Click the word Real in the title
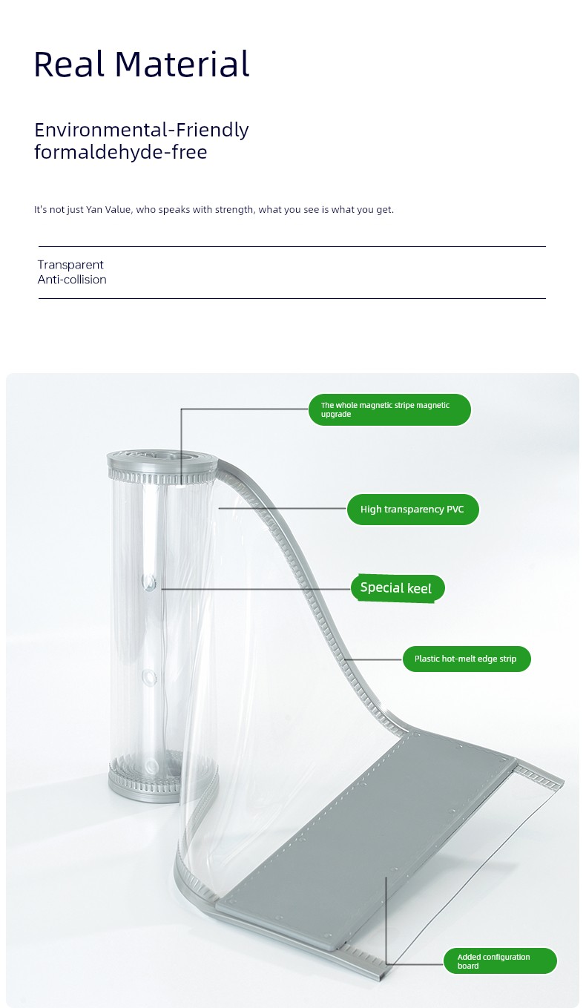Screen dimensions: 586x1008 [69, 64]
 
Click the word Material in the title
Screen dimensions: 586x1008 [182, 64]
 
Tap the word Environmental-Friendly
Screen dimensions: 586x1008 [142, 130]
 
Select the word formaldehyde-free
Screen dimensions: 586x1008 [121, 152]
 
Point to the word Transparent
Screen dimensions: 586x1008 [70, 265]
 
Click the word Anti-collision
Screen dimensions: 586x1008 [72, 280]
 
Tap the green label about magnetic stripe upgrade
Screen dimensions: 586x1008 [389, 409]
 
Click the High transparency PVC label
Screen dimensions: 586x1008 [412, 509]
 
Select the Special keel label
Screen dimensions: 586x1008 [398, 587]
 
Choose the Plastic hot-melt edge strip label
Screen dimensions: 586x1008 [467, 659]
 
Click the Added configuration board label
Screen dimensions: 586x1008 [500, 961]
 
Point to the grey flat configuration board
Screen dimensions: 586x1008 [367, 823]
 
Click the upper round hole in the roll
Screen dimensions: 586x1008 [149, 582]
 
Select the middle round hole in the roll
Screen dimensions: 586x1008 [148, 677]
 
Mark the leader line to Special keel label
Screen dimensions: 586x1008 [256, 589]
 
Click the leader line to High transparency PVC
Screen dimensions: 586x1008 [283, 509]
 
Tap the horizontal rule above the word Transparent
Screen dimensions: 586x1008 [292, 246]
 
